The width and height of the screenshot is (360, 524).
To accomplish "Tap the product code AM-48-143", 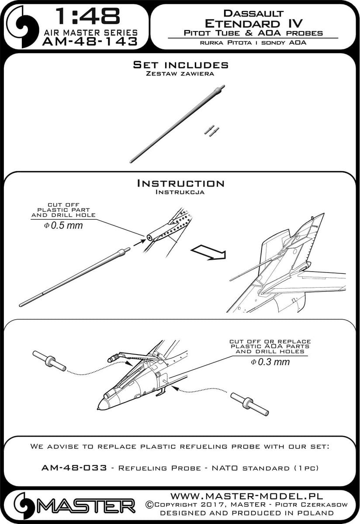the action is point(90,41).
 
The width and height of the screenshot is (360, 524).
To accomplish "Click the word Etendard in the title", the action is point(242,24).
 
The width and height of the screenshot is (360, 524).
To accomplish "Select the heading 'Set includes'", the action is point(180,65).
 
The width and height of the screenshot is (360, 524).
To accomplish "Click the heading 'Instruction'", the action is point(180,183).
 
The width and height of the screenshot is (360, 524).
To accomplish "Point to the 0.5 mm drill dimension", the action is point(63,225).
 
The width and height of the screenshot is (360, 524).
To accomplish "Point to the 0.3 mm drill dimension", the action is point(270,362).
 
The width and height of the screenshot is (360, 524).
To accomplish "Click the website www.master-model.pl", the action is point(246,495).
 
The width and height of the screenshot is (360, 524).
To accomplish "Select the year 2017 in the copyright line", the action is point(214,504).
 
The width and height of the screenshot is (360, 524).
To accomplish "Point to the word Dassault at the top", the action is point(253,14).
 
